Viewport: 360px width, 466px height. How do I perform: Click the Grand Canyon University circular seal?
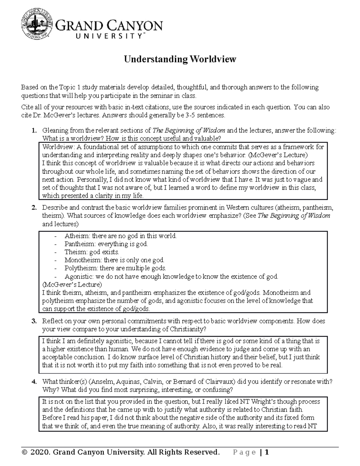pyautogui.click(x=37, y=25)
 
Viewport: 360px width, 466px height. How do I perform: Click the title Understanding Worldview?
pyautogui.click(x=180, y=59)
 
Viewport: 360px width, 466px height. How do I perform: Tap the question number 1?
pyautogui.click(x=34, y=131)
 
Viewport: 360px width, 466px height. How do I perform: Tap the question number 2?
pyautogui.click(x=34, y=208)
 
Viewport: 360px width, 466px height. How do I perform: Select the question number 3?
pyautogui.click(x=34, y=321)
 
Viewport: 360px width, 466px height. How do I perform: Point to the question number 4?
pyautogui.click(x=34, y=382)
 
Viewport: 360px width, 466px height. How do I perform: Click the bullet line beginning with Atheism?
pyautogui.click(x=120, y=236)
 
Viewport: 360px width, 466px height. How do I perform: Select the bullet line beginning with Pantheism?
pyautogui.click(x=106, y=244)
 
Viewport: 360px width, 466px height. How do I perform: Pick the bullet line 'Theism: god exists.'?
pyautogui.click(x=91, y=252)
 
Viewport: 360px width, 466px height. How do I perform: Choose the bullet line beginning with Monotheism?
pyautogui.click(x=114, y=260)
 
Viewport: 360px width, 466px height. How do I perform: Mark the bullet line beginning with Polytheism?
pyautogui.click(x=115, y=268)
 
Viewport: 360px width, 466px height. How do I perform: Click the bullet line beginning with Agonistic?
pyautogui.click(x=171, y=277)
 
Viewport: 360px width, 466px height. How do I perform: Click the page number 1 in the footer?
pyautogui.click(x=266, y=452)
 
